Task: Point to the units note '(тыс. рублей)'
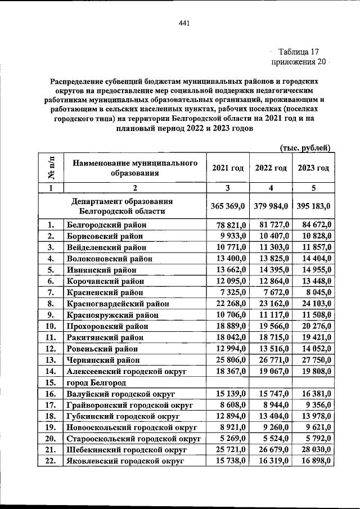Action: (304, 147)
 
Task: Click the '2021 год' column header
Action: (227, 168)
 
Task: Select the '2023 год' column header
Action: (313, 168)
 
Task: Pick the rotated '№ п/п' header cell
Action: (51, 168)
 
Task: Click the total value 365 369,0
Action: (228, 206)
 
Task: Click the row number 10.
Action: (51, 326)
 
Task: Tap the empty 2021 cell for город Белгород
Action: (227, 382)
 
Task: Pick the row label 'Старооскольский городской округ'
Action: (133, 439)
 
